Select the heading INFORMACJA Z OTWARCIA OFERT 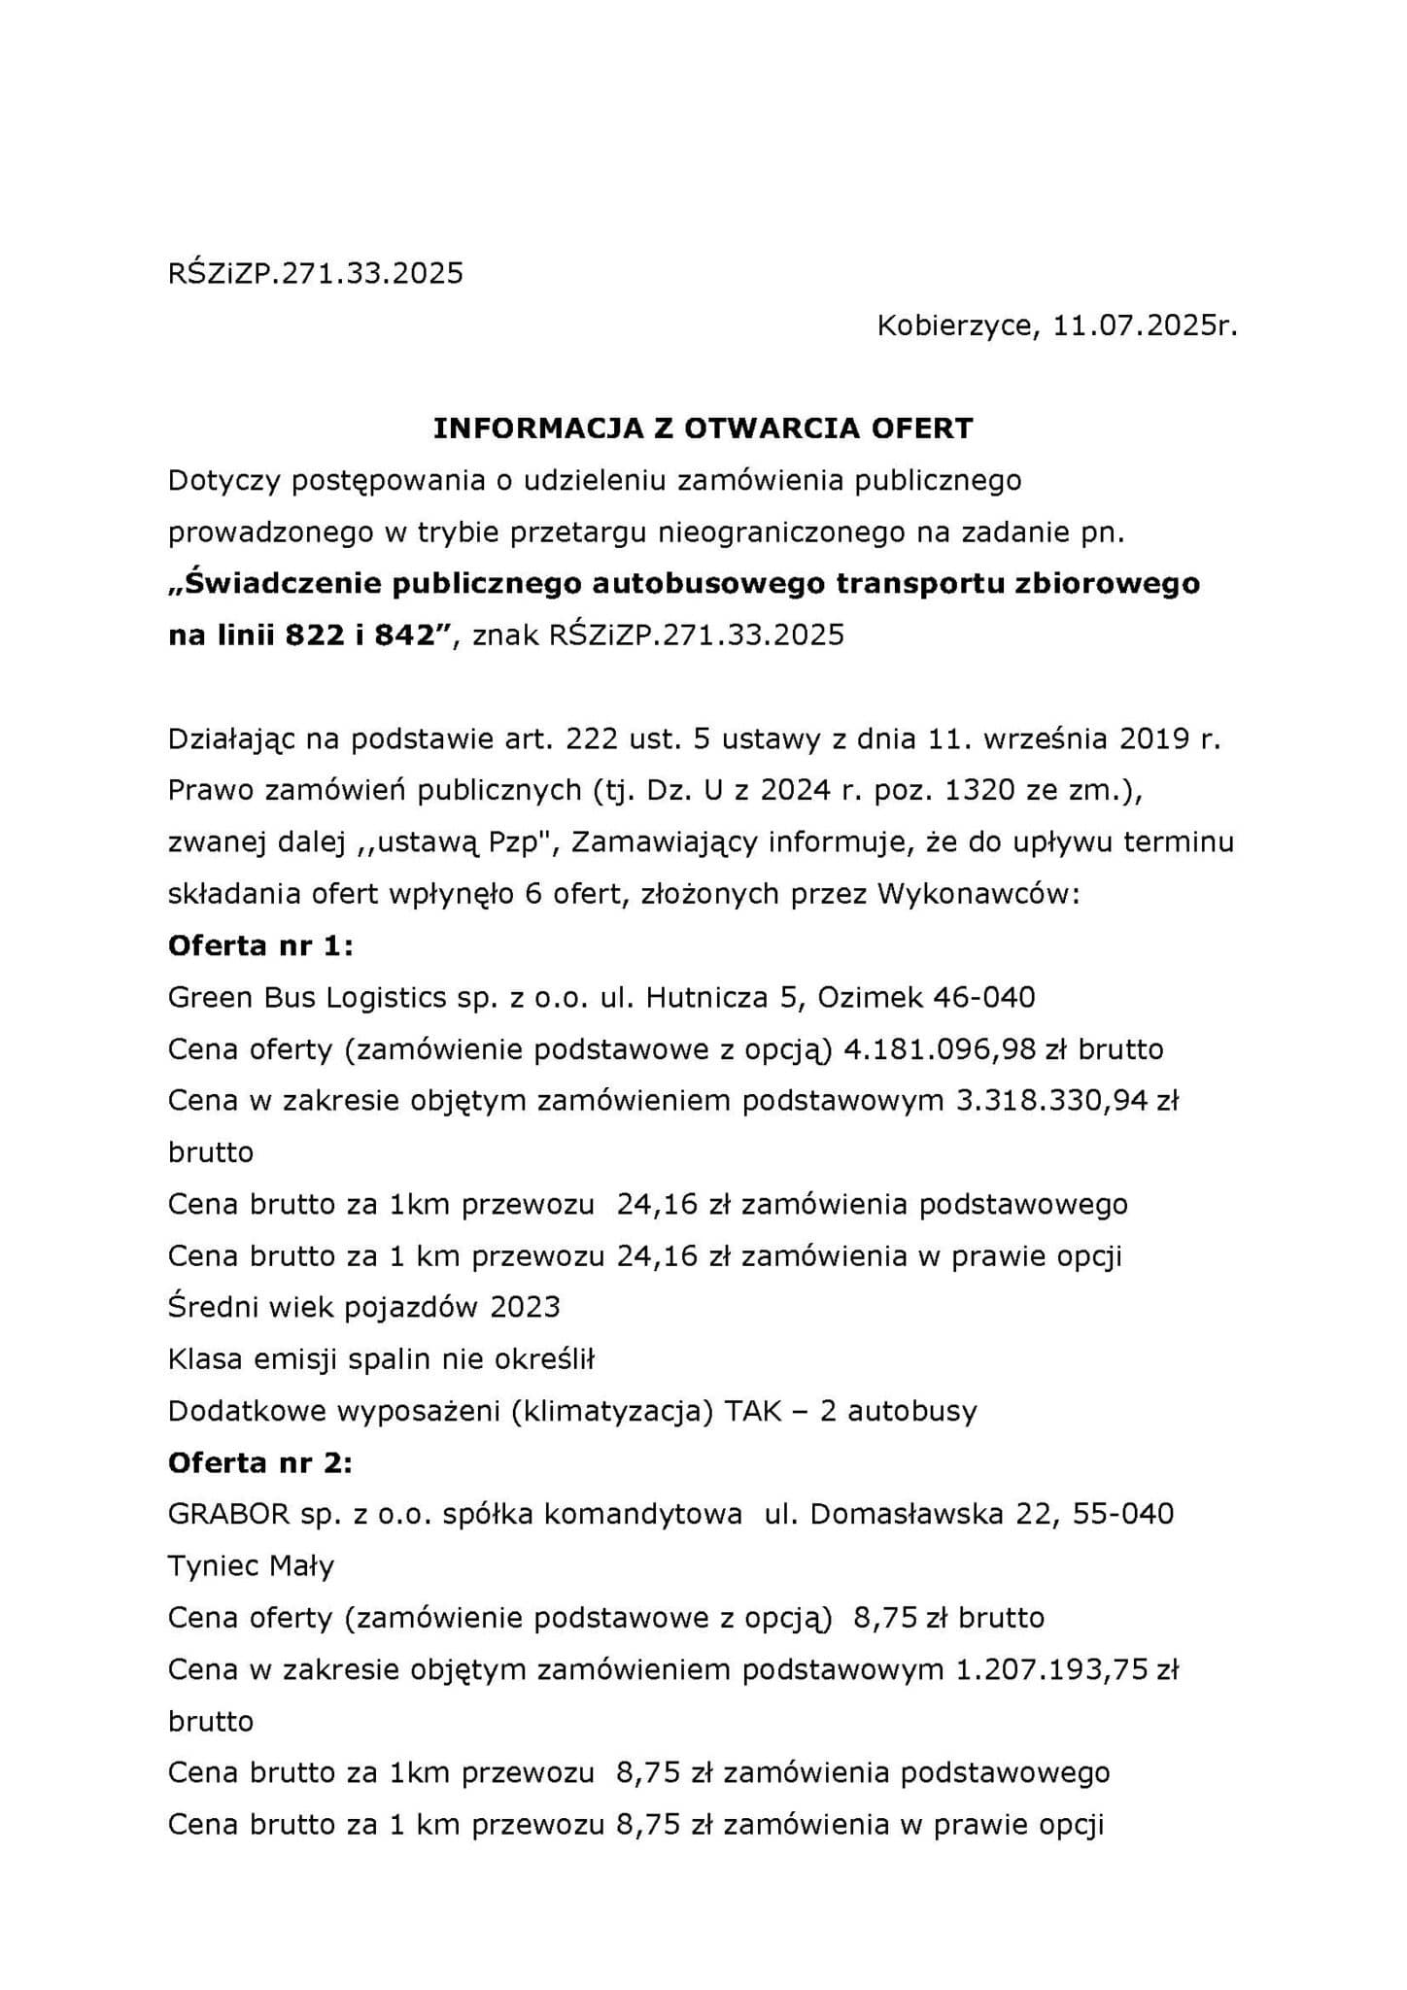[x=703, y=429]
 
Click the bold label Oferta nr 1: [x=260, y=945]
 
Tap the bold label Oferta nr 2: [x=260, y=1462]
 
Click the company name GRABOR [x=229, y=1514]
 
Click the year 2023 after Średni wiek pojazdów [x=525, y=1307]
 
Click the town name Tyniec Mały [x=251, y=1565]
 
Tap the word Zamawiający [x=664, y=841]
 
